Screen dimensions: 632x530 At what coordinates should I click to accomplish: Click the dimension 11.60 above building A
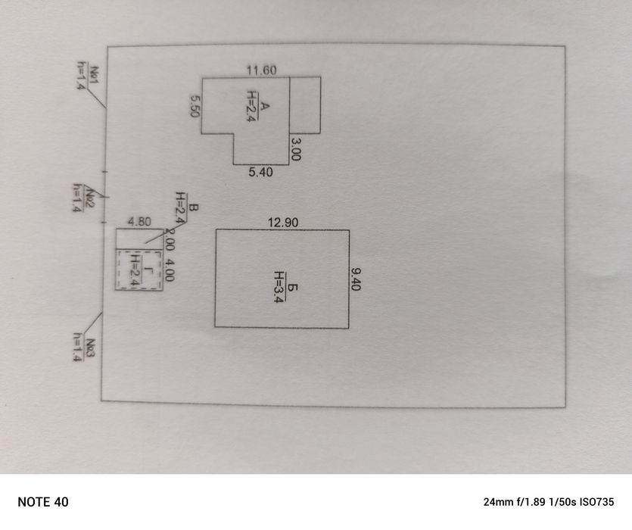click(261, 70)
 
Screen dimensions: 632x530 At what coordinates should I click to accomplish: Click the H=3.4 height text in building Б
click(278, 286)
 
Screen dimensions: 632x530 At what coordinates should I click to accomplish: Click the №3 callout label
click(89, 348)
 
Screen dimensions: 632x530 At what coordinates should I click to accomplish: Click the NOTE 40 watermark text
click(43, 502)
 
